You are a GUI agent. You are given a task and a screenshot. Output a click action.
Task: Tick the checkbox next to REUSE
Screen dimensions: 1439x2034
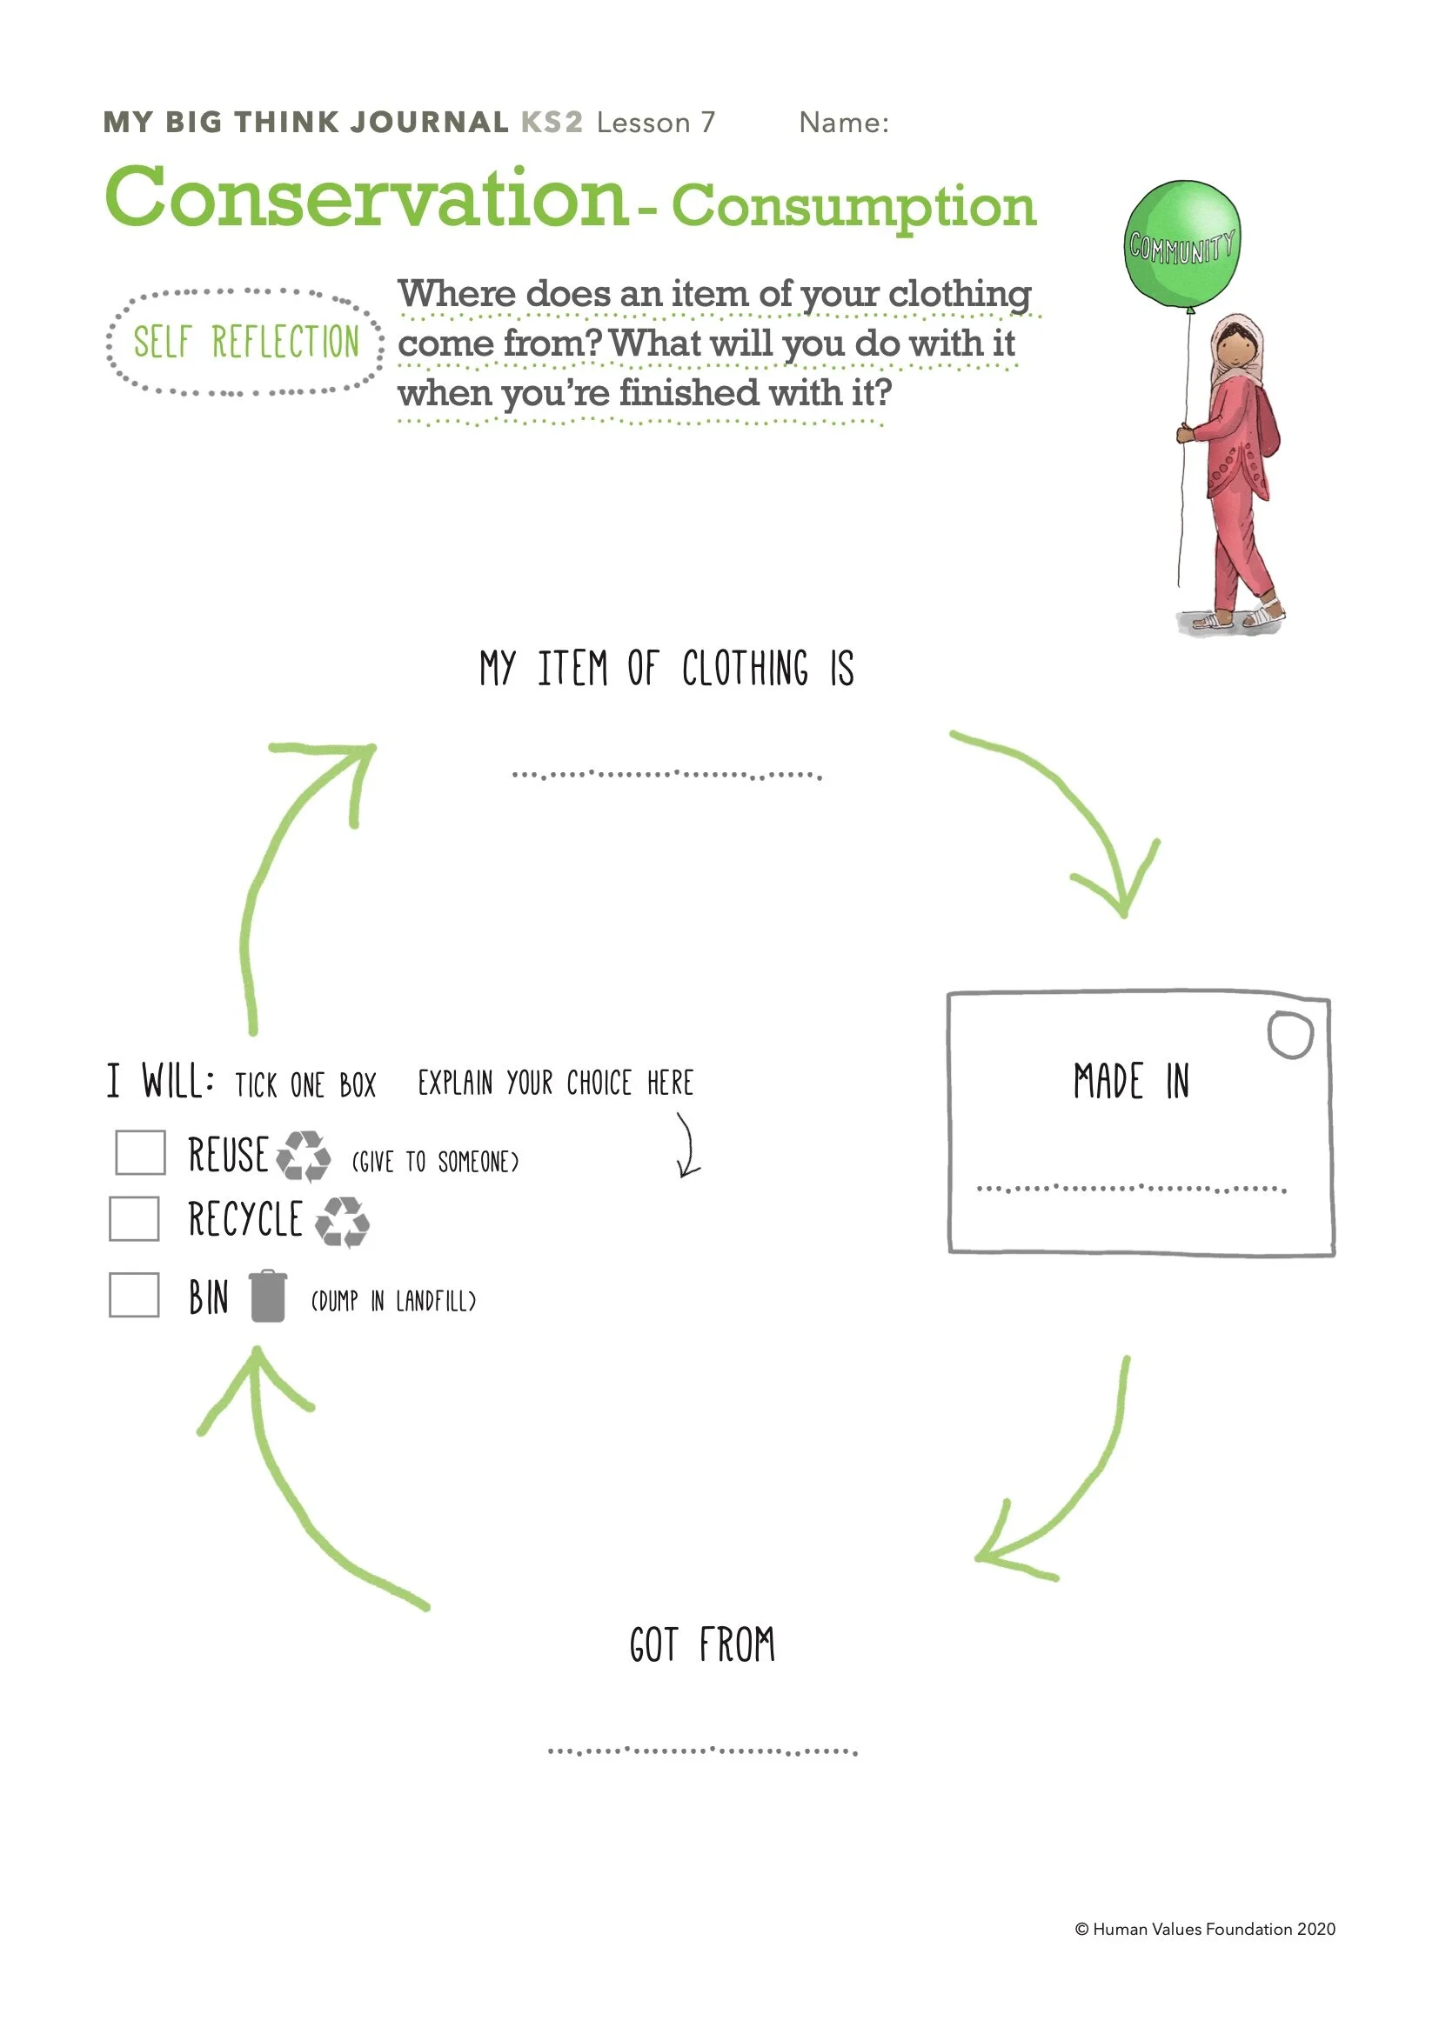click(140, 1151)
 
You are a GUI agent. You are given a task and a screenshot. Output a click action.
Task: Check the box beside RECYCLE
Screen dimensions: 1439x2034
click(134, 1218)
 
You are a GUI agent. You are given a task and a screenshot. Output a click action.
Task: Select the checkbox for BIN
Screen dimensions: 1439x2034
click(134, 1294)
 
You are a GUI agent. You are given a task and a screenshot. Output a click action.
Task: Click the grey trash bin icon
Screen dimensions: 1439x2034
click(268, 1296)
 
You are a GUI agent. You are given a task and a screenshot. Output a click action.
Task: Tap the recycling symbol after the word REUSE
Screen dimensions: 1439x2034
click(303, 1155)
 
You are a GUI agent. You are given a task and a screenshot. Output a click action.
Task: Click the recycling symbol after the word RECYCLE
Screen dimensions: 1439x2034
click(342, 1221)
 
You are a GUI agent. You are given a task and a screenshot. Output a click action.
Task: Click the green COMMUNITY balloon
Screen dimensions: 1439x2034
click(1182, 242)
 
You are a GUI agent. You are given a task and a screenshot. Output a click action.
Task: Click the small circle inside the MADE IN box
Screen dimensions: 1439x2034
click(1289, 1034)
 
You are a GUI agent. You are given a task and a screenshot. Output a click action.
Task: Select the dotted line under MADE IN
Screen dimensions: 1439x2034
click(1131, 1188)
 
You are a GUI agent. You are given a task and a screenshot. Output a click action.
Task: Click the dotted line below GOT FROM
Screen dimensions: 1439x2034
click(702, 1751)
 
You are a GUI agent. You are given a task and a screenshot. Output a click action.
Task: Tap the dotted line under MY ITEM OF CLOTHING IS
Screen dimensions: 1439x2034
click(666, 775)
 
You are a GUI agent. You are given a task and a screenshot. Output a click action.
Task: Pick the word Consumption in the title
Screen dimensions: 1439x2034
click(853, 206)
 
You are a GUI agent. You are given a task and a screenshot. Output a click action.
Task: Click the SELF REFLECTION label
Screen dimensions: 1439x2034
click(245, 342)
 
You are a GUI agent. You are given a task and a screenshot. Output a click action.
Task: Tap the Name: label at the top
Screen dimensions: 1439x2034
click(844, 123)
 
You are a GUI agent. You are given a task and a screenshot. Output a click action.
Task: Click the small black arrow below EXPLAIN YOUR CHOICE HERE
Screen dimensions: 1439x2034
click(686, 1145)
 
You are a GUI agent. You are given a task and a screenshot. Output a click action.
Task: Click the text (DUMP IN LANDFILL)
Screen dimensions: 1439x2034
click(392, 1300)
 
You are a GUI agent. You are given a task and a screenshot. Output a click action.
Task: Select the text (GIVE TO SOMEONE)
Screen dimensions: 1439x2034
click(435, 1162)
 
